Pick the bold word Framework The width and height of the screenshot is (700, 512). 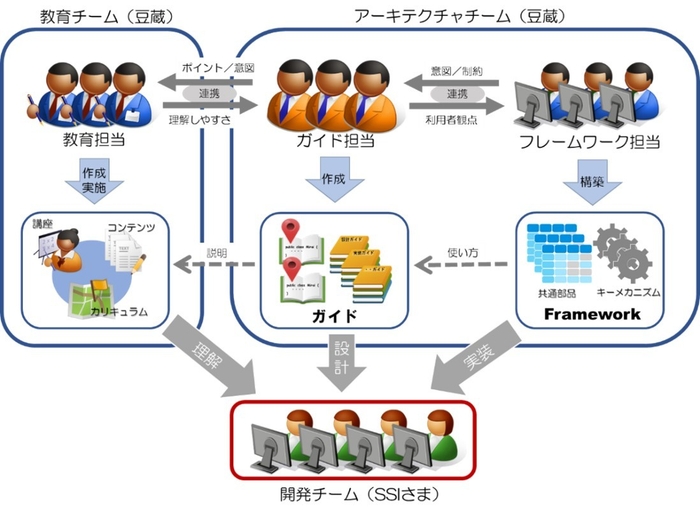(591, 314)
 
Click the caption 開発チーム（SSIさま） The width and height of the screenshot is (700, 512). (352, 494)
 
